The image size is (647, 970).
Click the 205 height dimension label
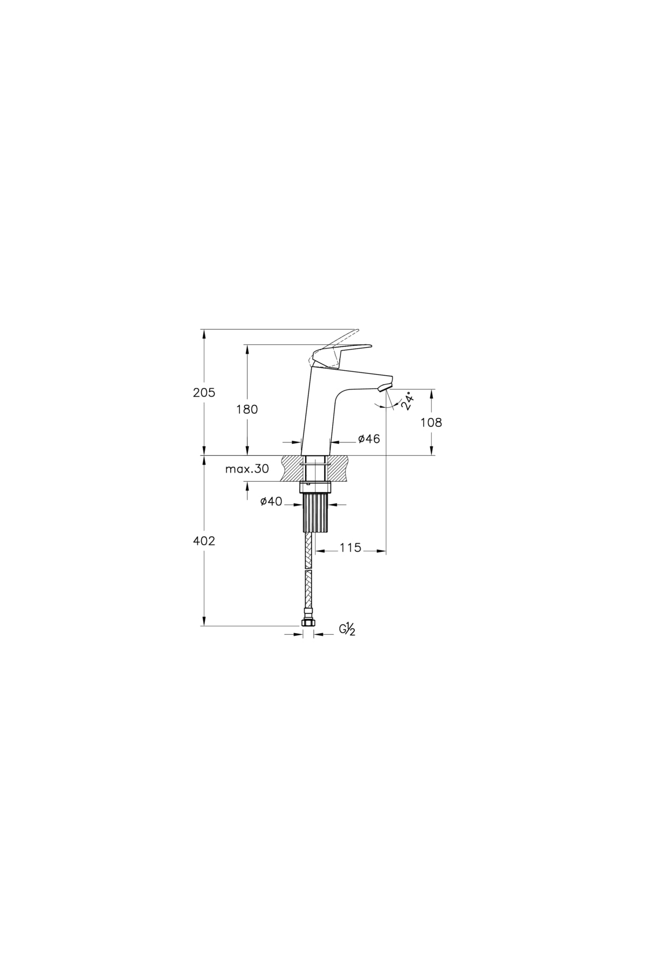pos(204,393)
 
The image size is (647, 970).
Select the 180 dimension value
pos(247,409)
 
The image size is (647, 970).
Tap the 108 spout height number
pos(431,422)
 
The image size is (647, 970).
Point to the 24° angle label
pos(409,401)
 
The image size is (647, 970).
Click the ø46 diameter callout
pos(369,439)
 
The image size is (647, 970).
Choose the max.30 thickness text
pos(247,469)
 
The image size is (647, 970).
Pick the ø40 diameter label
pos(271,502)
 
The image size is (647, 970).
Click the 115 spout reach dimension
pos(350,548)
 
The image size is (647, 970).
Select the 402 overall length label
pos(204,541)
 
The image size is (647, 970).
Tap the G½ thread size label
pos(347,629)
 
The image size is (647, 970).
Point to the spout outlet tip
pos(384,386)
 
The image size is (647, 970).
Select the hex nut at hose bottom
pos(308,622)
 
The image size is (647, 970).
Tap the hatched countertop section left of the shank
pos(292,467)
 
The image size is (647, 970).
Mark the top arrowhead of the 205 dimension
pos(204,332)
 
